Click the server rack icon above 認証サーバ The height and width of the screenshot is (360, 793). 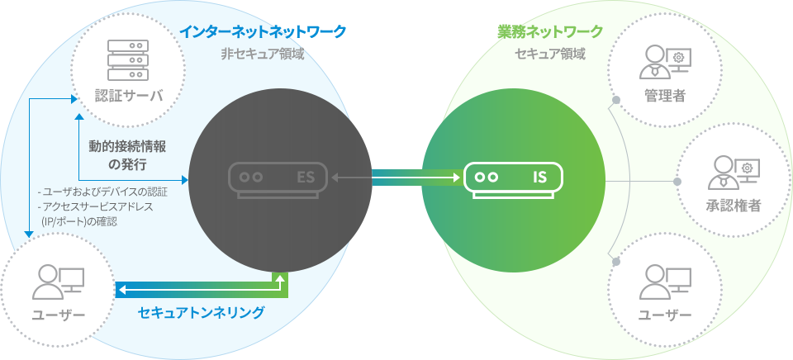128,59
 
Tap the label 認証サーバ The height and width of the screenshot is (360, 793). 129,95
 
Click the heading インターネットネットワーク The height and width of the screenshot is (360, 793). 263,32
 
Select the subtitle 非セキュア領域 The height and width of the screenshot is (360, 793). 263,54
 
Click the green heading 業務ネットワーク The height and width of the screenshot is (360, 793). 550,32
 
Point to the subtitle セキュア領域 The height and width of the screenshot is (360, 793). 550,54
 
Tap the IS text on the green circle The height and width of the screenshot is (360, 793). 539,178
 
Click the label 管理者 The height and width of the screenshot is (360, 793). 665,96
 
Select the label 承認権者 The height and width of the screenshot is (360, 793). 734,206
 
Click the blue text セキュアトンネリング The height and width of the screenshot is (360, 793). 201,313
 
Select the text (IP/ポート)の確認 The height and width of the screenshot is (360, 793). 79,221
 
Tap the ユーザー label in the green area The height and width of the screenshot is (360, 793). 664,315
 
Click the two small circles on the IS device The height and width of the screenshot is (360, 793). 486,178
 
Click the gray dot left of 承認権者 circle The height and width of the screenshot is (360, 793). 677,181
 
